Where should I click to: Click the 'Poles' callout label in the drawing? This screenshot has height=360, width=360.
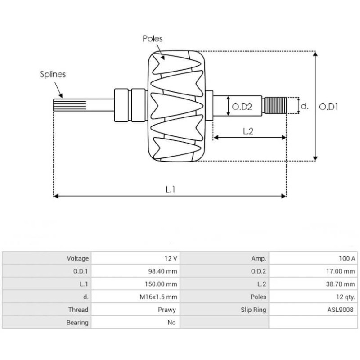pyautogui.click(x=152, y=39)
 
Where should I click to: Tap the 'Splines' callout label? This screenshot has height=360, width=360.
pyautogui.click(x=53, y=74)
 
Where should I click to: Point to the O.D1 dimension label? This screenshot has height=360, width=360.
pyautogui.click(x=328, y=107)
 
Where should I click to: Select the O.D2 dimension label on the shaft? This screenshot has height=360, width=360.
pyautogui.click(x=241, y=107)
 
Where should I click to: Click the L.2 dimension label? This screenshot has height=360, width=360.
pyautogui.click(x=248, y=131)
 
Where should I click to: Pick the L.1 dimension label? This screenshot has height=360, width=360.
pyautogui.click(x=170, y=189)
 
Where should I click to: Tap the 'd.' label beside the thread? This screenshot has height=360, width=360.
pyautogui.click(x=305, y=106)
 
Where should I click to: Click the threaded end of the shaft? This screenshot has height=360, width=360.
pyautogui.click(x=275, y=106)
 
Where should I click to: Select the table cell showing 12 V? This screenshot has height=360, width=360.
pyautogui.click(x=171, y=258)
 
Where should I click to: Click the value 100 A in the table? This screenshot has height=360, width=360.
pyautogui.click(x=346, y=258)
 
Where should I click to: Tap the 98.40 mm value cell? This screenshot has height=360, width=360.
pyautogui.click(x=165, y=271)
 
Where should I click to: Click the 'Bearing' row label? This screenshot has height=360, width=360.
pyautogui.click(x=77, y=323)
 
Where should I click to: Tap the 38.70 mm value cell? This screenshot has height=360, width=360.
pyautogui.click(x=343, y=284)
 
